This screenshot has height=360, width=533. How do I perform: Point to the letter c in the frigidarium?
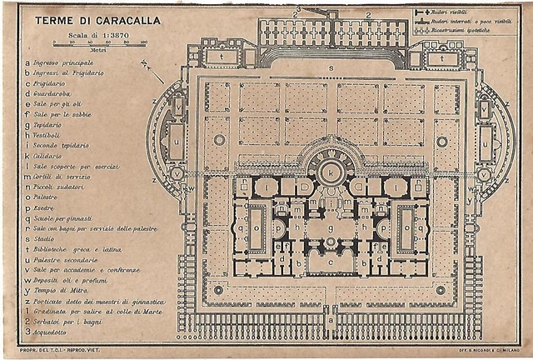[x=331, y=262]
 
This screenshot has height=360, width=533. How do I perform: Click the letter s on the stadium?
[x=331, y=67]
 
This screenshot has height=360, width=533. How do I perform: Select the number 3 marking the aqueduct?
[x=296, y=9]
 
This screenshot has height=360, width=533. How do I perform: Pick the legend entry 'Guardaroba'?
[x=57, y=92]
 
